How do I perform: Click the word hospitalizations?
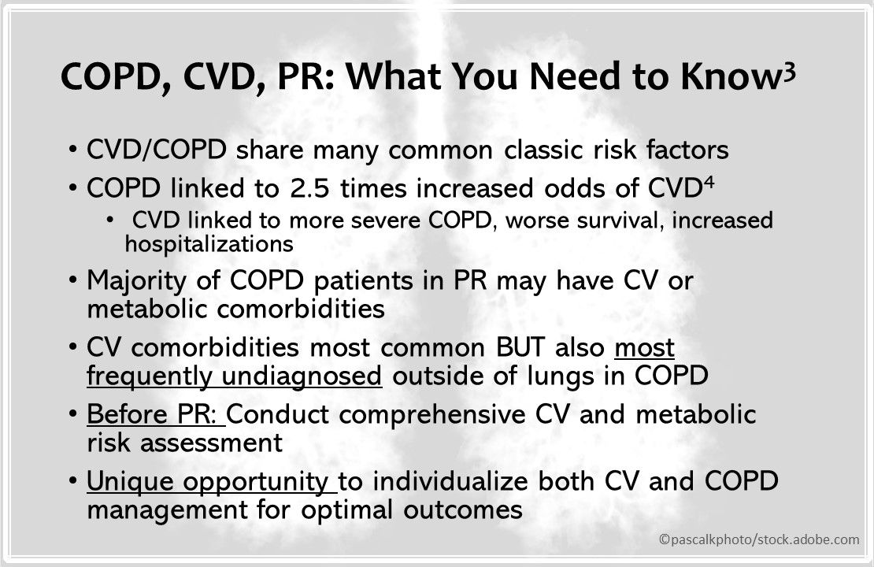click(x=209, y=244)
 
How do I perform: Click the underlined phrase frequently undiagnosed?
click(x=235, y=376)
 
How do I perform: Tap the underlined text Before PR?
click(x=155, y=415)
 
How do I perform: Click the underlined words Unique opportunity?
click(x=209, y=482)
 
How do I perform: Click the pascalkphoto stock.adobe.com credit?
click(x=759, y=539)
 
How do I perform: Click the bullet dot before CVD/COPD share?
click(x=72, y=149)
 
